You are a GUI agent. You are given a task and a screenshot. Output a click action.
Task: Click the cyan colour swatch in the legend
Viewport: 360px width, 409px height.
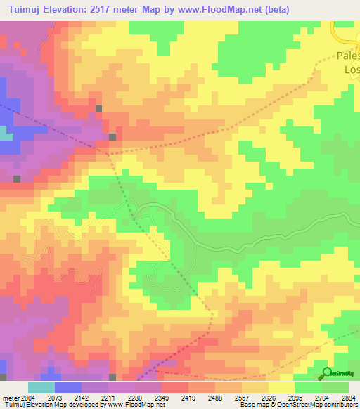[41, 387]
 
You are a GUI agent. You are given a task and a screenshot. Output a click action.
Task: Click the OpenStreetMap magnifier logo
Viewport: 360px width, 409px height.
[327, 372]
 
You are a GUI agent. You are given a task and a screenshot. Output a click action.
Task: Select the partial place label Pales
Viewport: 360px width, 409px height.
[347, 56]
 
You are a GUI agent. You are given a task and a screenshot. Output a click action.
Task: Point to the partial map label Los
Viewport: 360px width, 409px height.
[351, 70]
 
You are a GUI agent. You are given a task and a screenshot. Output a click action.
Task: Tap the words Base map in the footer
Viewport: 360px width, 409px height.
[255, 405]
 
